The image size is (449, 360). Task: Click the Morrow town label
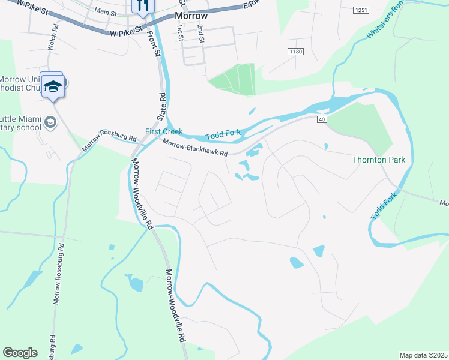click(191, 16)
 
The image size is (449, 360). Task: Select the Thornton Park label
click(379, 160)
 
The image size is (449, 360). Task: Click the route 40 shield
click(322, 120)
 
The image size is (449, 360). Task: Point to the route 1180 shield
click(295, 52)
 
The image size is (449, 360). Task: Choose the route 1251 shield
click(361, 10)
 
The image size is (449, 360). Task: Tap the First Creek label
click(164, 131)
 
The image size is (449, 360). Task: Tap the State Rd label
click(162, 106)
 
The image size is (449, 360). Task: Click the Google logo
click(20, 353)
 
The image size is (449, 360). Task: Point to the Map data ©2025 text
click(423, 355)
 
